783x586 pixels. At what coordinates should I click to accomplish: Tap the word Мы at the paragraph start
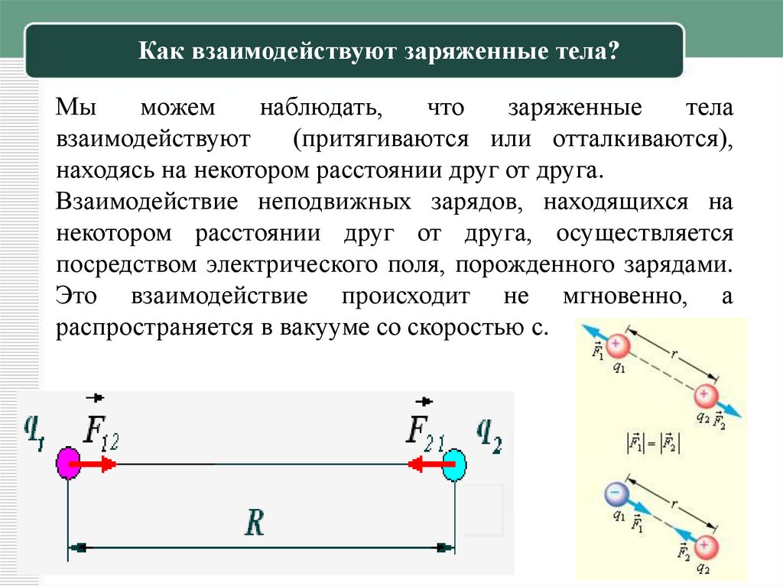tap(75, 108)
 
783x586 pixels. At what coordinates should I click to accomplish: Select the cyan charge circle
tap(455, 464)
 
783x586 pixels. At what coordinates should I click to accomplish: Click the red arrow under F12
tap(97, 464)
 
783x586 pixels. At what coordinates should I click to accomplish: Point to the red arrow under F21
tap(426, 464)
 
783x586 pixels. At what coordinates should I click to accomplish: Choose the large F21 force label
tap(425, 433)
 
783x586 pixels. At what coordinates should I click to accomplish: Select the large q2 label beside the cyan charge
tap(489, 433)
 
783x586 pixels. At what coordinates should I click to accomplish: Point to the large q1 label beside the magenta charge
tap(34, 433)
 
